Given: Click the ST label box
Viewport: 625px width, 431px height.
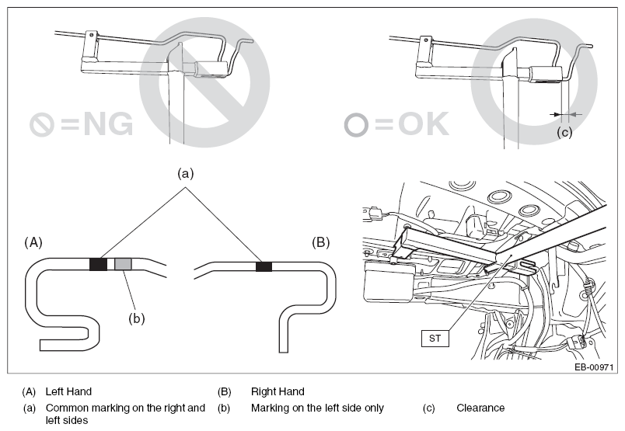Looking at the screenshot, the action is (x=435, y=338).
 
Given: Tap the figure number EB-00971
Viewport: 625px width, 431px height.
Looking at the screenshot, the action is (x=593, y=367).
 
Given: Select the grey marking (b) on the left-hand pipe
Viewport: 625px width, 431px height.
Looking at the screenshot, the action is (x=123, y=264).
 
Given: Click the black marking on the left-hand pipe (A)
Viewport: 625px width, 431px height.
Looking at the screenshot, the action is (x=98, y=264).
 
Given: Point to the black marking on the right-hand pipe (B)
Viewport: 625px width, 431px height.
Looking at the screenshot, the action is (x=264, y=266).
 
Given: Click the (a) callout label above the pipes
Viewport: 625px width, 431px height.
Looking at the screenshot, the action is (x=185, y=173).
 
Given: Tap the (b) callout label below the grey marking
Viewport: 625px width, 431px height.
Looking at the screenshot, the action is (x=137, y=318).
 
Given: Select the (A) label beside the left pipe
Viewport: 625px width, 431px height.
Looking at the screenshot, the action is (x=33, y=242).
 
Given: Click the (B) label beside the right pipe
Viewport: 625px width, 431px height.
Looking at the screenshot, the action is (x=321, y=242).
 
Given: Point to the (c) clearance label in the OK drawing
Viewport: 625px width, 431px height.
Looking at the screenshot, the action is (x=564, y=131).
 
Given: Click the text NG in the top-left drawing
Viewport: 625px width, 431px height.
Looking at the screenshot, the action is (x=108, y=124).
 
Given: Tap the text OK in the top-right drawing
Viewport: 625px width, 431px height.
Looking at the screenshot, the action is (x=424, y=123).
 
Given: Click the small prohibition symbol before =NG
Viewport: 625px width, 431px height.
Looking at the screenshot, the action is (x=42, y=124).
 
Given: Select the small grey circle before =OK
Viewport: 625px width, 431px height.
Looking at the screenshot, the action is (x=356, y=125).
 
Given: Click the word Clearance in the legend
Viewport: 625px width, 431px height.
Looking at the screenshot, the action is (x=480, y=408).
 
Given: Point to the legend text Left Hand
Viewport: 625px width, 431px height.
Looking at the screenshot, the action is (x=68, y=391).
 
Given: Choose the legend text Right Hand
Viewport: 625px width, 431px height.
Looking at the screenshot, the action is (x=278, y=391).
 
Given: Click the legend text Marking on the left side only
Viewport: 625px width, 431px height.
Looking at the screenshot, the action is (x=317, y=408).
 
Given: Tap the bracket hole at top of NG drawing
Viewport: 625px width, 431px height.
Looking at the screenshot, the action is (x=92, y=35).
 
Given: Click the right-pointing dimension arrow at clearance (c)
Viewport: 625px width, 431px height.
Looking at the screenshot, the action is (x=556, y=114).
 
